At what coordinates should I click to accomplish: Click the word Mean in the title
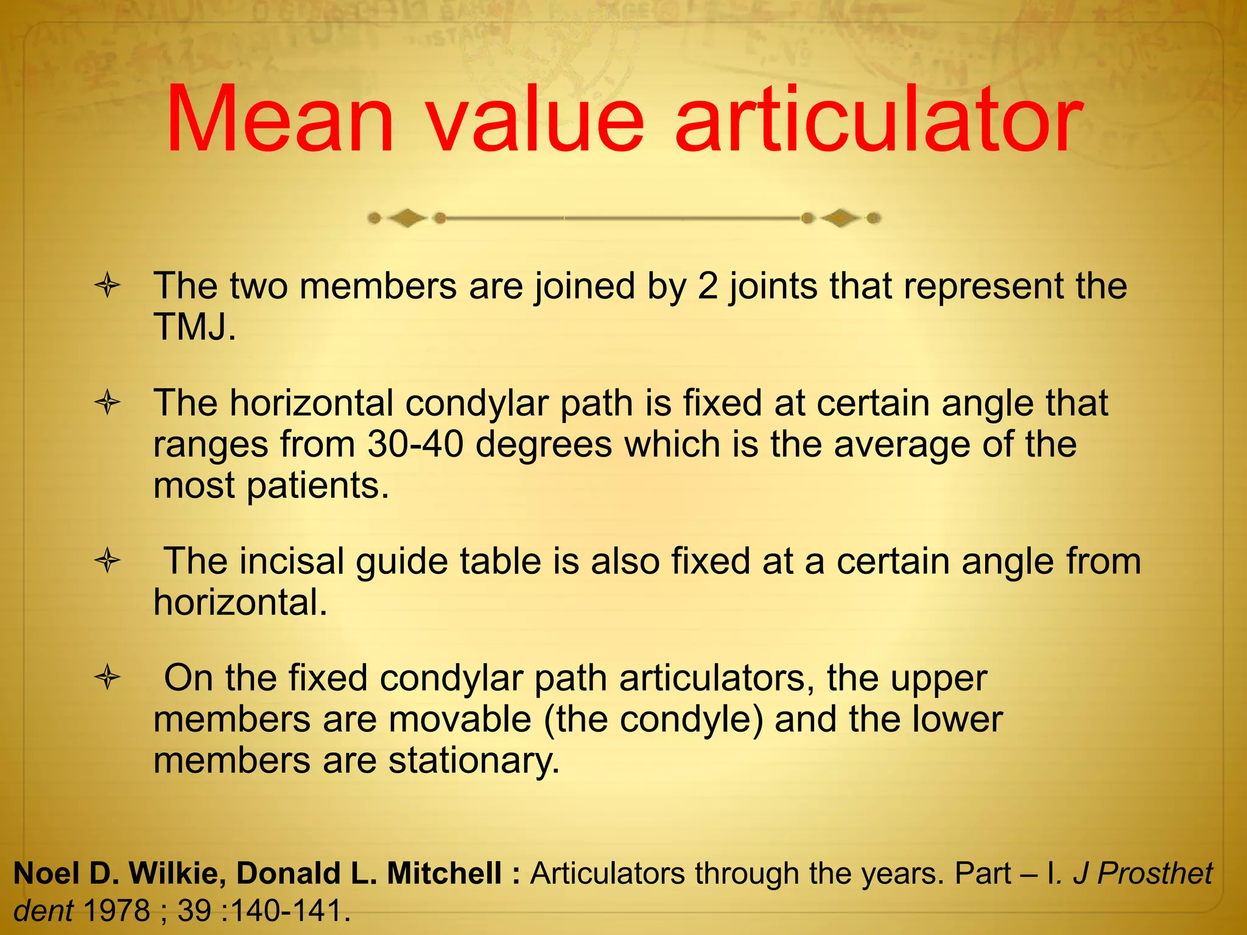280,119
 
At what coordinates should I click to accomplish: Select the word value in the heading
535,119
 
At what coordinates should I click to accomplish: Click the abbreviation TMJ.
194,327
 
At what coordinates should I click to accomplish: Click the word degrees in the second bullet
543,444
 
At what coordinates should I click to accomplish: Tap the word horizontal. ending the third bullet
241,602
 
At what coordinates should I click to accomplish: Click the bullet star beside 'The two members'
108,286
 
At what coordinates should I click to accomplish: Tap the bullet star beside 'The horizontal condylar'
108,403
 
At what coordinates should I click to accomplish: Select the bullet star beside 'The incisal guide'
108,561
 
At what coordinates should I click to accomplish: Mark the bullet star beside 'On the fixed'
108,678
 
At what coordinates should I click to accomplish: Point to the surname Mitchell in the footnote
444,874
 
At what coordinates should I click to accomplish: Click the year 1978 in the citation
116,911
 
